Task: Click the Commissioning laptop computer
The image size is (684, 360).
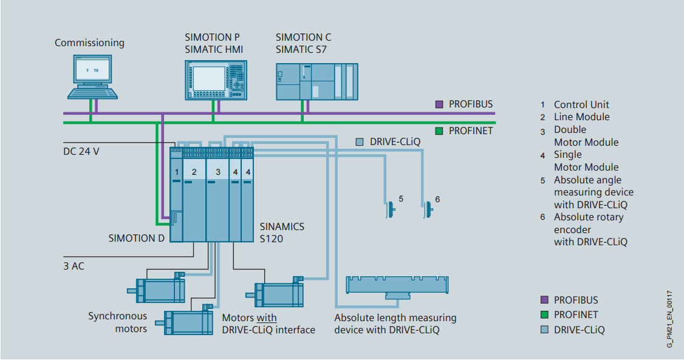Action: pos(93,76)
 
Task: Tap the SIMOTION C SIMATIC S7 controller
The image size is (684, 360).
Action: pos(316,80)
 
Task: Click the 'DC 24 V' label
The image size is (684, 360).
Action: pos(81,151)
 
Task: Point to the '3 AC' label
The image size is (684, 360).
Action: pos(74,265)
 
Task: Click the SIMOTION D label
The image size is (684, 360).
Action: pos(137,238)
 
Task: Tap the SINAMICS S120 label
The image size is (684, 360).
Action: pos(282,233)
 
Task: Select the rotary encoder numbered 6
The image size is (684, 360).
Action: pos(428,209)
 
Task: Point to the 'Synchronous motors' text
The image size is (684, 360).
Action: pos(117,322)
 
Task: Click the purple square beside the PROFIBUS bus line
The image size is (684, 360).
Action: pos(439,104)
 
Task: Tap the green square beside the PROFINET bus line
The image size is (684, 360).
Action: pos(439,131)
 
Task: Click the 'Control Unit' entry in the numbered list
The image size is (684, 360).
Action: pos(581,104)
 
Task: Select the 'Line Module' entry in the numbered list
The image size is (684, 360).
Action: pos(581,117)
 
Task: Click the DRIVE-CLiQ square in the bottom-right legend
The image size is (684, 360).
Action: pos(544,330)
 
